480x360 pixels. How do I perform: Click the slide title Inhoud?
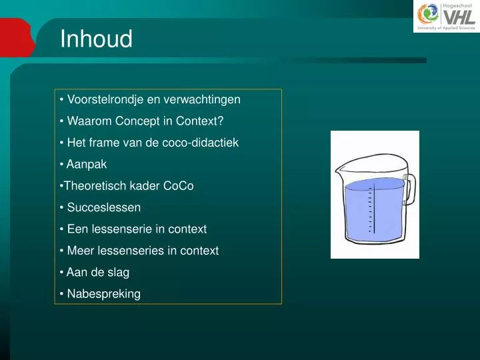(x=96, y=39)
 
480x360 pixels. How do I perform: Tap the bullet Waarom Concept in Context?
(x=145, y=121)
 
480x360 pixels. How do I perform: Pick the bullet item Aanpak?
(x=86, y=164)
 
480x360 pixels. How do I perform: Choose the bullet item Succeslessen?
(x=103, y=207)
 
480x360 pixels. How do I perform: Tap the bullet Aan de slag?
(x=97, y=272)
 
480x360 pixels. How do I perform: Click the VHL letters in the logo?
(x=459, y=16)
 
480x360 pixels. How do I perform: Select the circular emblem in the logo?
(x=428, y=15)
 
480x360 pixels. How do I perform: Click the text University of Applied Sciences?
(x=445, y=29)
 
